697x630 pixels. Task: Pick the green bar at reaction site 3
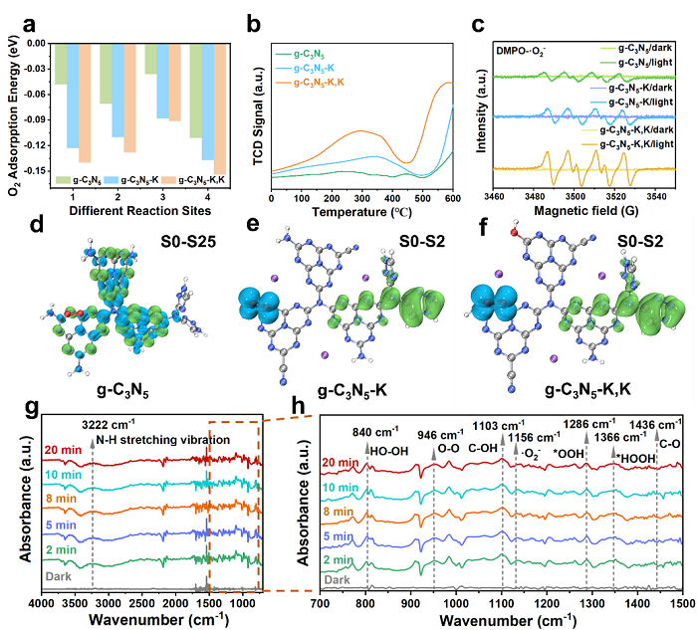click(149, 59)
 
